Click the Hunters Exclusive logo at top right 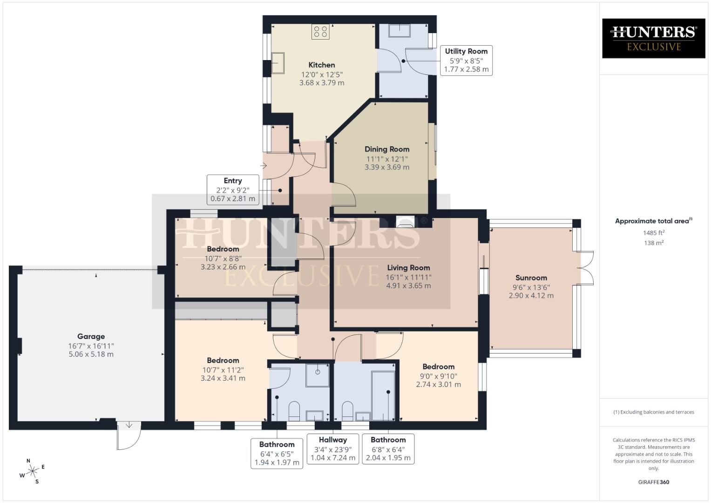(653, 38)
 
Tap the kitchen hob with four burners (320, 32)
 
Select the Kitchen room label (321, 65)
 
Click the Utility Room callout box (466, 60)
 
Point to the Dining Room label (387, 150)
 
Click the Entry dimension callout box (233, 190)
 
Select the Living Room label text (408, 268)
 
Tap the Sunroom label (531, 278)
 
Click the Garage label (91, 336)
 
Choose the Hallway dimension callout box (333, 449)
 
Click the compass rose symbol (33, 471)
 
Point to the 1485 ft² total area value (654, 233)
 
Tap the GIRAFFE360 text (653, 482)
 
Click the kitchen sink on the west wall (278, 63)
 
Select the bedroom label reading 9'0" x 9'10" (438, 375)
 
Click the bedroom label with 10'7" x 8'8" (223, 258)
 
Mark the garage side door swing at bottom (129, 436)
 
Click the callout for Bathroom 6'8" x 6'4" (388, 449)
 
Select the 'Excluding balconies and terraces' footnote (653, 412)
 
